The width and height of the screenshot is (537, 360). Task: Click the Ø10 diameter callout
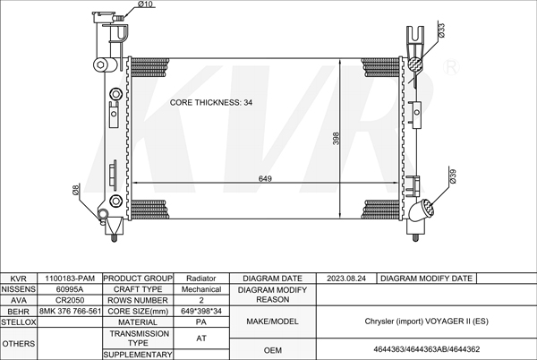(x=146, y=4)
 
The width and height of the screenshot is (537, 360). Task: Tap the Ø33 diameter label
(x=441, y=30)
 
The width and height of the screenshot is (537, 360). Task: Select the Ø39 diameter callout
(x=453, y=176)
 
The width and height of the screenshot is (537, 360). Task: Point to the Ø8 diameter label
(x=76, y=190)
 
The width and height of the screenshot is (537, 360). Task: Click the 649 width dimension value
(x=265, y=178)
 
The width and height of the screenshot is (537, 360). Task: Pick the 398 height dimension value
(x=336, y=139)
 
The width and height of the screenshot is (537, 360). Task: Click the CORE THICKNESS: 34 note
(x=211, y=102)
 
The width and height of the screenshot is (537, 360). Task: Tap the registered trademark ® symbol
(x=451, y=67)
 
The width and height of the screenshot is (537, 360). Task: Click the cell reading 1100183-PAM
(x=70, y=279)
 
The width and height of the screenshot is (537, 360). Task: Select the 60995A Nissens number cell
(x=70, y=289)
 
